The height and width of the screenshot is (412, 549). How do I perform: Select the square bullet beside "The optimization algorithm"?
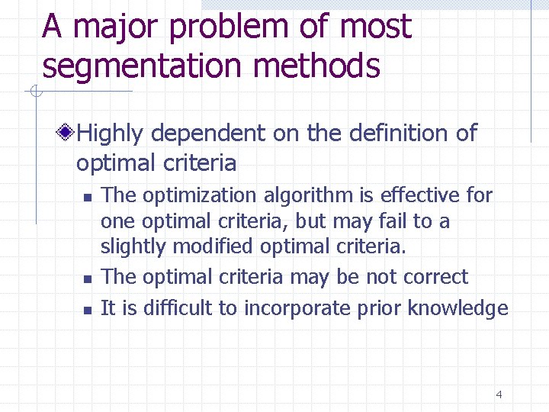pos(88,197)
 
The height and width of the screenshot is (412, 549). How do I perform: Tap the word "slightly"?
pos(134,247)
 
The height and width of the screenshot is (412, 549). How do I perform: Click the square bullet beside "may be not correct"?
pos(88,278)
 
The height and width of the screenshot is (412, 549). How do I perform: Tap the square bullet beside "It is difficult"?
pos(88,310)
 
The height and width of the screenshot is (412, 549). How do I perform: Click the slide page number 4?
pos(499,394)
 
